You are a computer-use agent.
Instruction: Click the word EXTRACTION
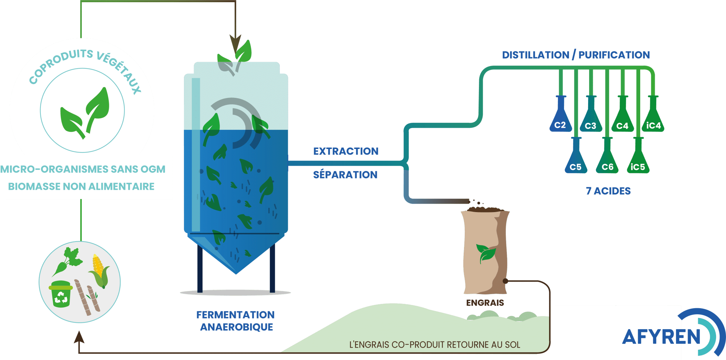pyautogui.click(x=346, y=151)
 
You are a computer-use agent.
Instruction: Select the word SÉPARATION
pyautogui.click(x=345, y=175)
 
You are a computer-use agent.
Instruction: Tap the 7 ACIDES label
pyautogui.click(x=608, y=191)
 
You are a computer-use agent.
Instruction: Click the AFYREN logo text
pyautogui.click(x=661, y=337)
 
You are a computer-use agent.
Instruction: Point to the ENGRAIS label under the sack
pyautogui.click(x=485, y=303)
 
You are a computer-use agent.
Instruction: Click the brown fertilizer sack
pyautogui.click(x=485, y=252)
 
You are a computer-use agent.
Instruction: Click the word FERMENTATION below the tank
pyautogui.click(x=235, y=315)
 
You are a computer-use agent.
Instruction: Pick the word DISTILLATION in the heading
pyautogui.click(x=535, y=55)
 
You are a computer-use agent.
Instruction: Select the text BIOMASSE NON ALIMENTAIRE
pyautogui.click(x=81, y=187)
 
